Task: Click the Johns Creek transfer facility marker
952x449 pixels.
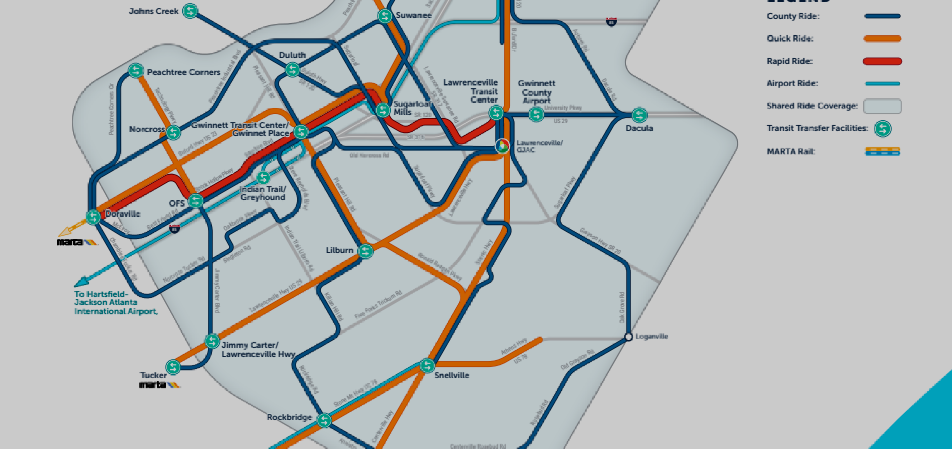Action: pos(190,11)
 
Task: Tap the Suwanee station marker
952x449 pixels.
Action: pos(385,16)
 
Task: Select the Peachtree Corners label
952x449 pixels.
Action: pos(183,72)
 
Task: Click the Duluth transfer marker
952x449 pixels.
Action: pos(293,69)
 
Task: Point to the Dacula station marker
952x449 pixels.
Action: pos(639,115)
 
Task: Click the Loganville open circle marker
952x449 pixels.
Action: pos(629,337)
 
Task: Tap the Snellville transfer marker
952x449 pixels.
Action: pos(427,366)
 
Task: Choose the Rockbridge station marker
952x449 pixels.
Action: pos(324,420)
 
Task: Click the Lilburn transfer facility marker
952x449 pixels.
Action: pos(365,251)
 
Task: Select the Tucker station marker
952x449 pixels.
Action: pos(173,367)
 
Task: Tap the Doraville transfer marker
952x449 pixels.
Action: pos(93,217)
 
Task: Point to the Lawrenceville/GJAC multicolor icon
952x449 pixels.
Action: pos(502,146)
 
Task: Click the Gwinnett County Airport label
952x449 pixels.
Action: pos(537,92)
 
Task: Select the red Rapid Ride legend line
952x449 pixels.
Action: pos(882,61)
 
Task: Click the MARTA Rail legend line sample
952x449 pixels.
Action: pos(882,151)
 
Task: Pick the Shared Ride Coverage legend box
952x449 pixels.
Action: pos(882,106)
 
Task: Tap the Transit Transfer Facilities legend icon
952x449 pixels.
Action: pos(883,129)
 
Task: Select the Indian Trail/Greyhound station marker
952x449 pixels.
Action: pos(263,178)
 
